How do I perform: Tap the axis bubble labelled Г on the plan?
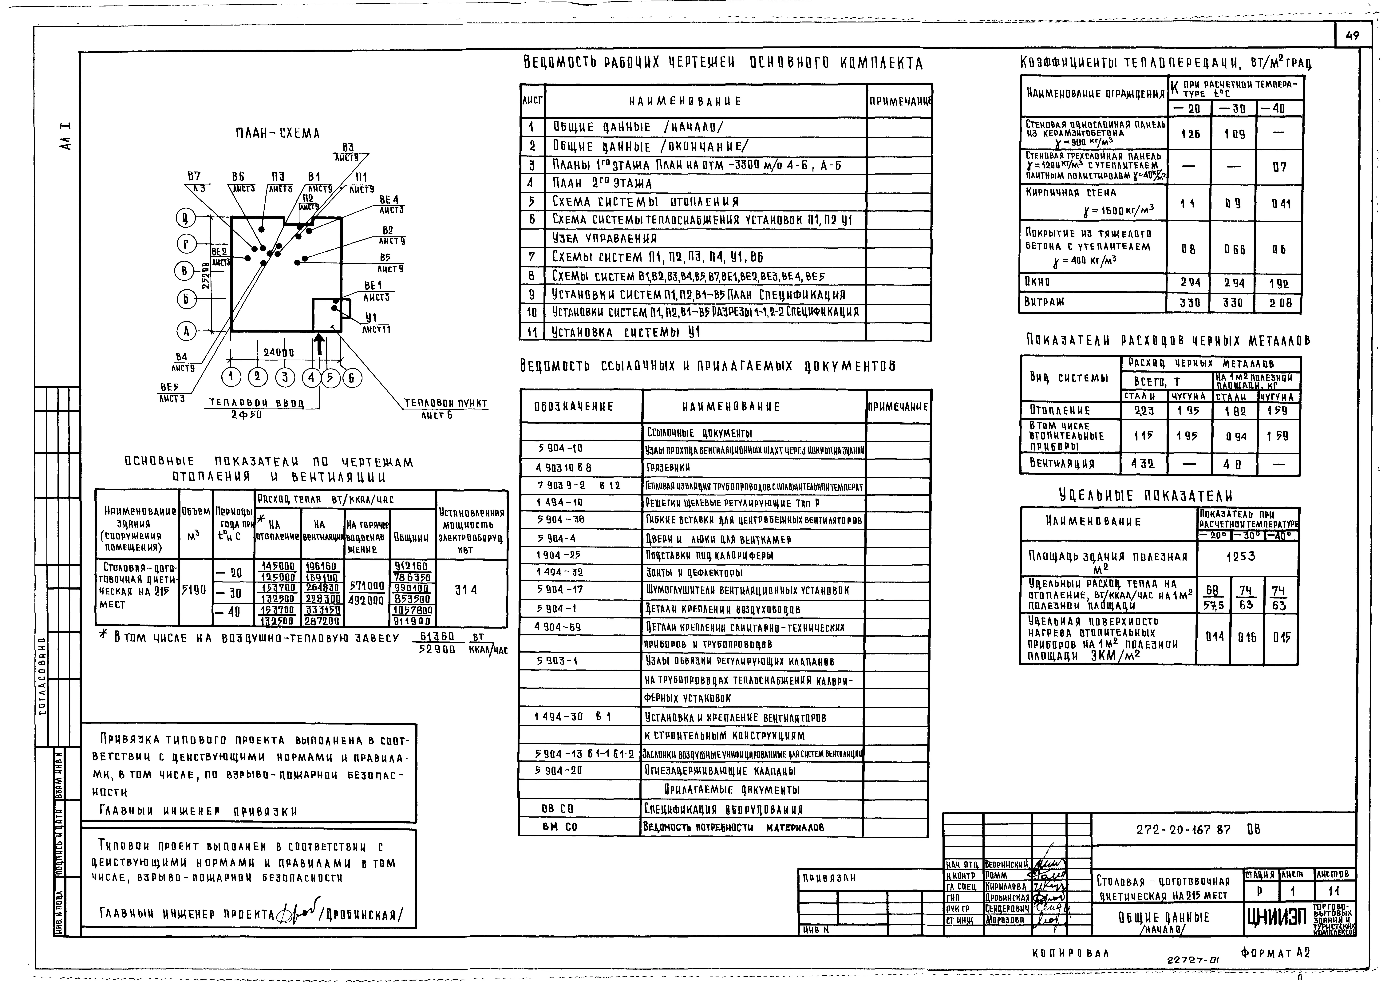pyautogui.click(x=186, y=244)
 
